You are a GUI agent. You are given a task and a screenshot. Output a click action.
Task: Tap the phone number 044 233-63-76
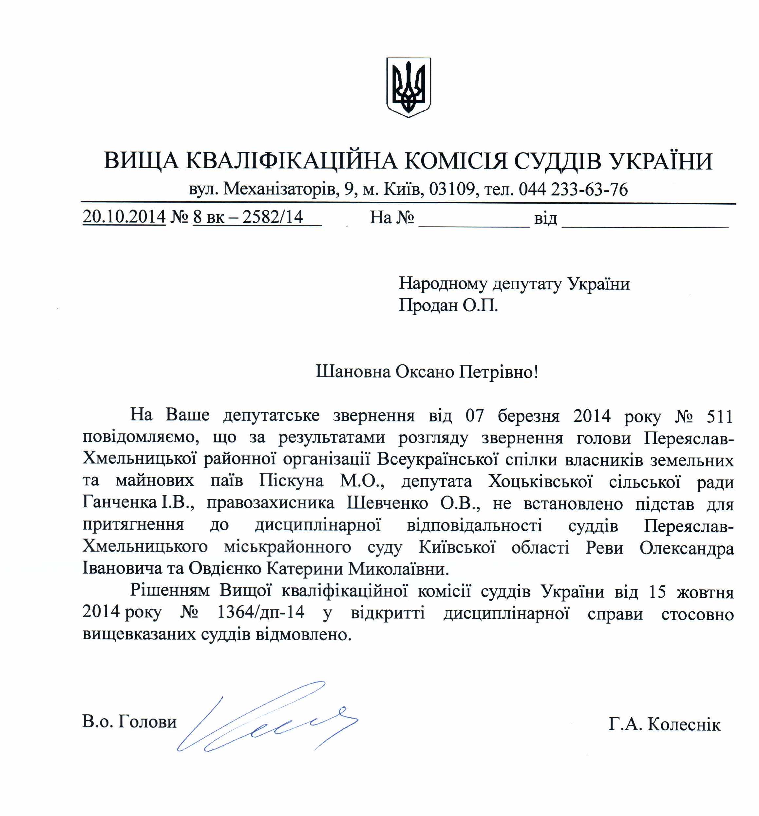pos(573,189)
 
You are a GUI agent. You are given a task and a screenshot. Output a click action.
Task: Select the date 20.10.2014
pos(124,216)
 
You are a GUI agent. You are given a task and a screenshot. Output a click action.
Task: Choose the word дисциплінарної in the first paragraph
pos(318,525)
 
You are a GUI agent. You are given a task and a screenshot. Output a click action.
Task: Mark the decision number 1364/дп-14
pos(261,612)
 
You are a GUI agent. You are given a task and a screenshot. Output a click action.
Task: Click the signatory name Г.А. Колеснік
pos(664,724)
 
